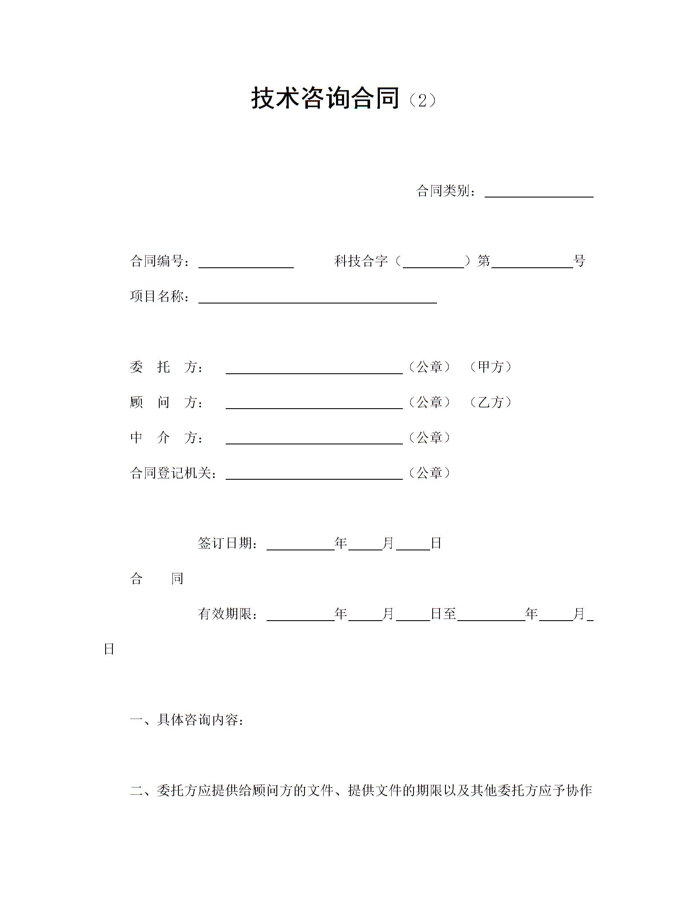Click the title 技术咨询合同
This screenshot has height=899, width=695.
(x=325, y=98)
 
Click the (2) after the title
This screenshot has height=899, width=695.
(x=422, y=101)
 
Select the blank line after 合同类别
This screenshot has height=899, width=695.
(x=539, y=193)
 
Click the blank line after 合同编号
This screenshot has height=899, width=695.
(x=246, y=263)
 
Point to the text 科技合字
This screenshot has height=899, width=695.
(x=361, y=261)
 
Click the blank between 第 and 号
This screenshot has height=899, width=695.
(x=532, y=263)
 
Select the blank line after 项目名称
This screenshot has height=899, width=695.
(x=317, y=299)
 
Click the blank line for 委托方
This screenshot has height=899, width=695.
(x=314, y=369)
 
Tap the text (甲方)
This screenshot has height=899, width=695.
(x=491, y=367)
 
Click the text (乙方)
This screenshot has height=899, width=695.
(x=491, y=402)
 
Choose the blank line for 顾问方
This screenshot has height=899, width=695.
(x=314, y=404)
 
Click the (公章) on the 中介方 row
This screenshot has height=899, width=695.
(x=429, y=438)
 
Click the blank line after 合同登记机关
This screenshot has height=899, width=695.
(x=314, y=475)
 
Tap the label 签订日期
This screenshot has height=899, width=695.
(x=228, y=544)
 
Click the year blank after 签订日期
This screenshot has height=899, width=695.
(x=300, y=546)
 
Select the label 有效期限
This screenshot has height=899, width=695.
(x=228, y=614)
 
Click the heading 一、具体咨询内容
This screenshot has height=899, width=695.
(x=187, y=720)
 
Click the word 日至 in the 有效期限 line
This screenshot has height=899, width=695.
(x=444, y=614)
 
